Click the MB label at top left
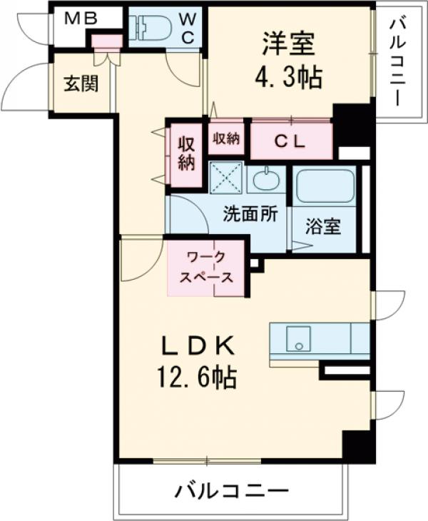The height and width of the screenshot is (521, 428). pyautogui.click(x=80, y=19)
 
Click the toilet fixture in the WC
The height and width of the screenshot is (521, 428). pyautogui.click(x=151, y=28)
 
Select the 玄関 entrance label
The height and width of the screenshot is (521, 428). pyautogui.click(x=80, y=83)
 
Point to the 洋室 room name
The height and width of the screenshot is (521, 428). pyautogui.click(x=288, y=44)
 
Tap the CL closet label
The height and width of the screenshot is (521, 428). pyautogui.click(x=290, y=141)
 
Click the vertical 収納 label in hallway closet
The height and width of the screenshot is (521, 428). pyautogui.click(x=185, y=153)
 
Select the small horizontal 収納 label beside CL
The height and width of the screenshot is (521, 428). pyautogui.click(x=225, y=138)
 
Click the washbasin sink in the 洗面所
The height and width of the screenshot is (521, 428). pyautogui.click(x=265, y=178)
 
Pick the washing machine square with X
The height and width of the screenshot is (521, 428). pyautogui.click(x=226, y=178)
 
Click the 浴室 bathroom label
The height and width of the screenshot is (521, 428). pyautogui.click(x=322, y=227)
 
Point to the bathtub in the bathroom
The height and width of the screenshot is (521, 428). pyautogui.click(x=325, y=187)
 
